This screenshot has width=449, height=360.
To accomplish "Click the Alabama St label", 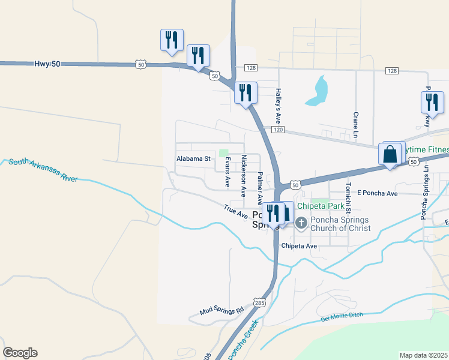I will point(193,159).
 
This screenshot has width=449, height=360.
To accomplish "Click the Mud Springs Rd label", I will point(223,311).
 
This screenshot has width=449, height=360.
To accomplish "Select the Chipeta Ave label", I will point(299,246).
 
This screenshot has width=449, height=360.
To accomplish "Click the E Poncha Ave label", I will point(378,193).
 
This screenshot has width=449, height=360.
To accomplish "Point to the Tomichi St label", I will point(348,196).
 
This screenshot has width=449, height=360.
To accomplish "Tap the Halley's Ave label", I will point(279,101).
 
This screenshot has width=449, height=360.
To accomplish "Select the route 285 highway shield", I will point(259,304).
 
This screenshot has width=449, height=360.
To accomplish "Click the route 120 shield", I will point(277,130).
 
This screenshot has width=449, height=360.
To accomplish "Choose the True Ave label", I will point(236,211).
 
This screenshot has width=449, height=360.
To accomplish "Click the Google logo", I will point(20,353).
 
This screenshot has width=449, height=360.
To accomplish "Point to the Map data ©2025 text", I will point(424,355).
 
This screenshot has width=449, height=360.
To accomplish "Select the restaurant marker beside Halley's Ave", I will point(246,92).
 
